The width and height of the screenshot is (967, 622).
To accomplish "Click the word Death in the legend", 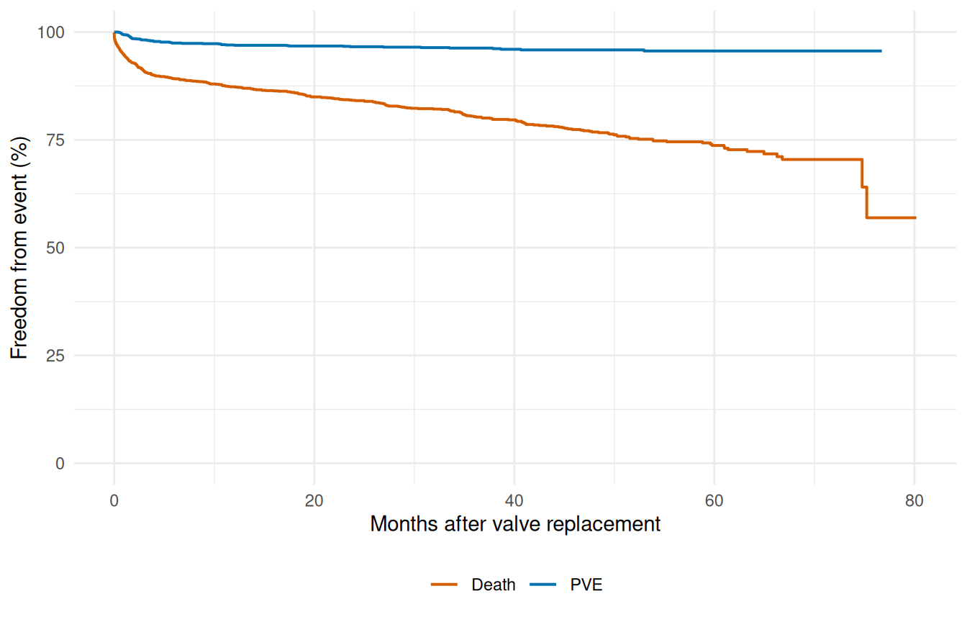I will pos(494,585).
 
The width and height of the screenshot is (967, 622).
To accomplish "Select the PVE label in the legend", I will pos(586,585).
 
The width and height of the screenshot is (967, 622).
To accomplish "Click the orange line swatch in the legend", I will pos(445,585).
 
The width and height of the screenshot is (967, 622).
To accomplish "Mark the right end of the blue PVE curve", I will pos(881,51).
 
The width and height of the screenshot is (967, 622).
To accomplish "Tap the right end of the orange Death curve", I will pos(914,217).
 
